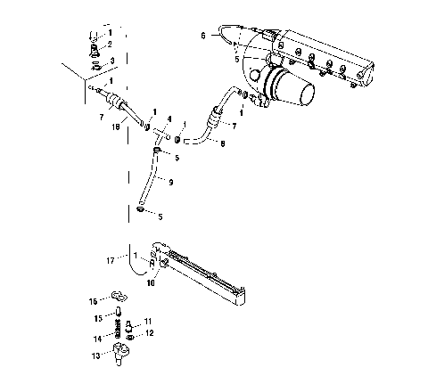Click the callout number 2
point(110,45)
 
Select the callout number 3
point(111,61)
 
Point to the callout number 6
point(202,36)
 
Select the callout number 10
point(150,282)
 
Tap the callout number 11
point(149,320)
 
